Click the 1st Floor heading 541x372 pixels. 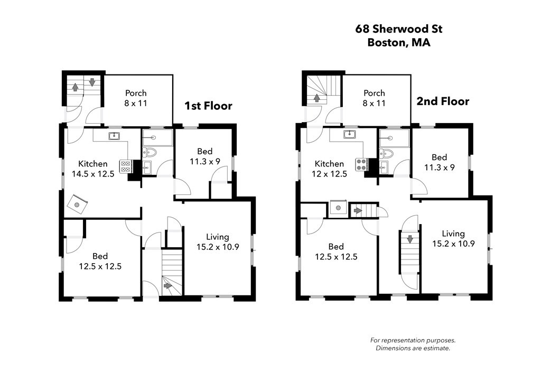pyautogui.click(x=208, y=106)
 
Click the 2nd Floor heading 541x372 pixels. pyautogui.click(x=443, y=101)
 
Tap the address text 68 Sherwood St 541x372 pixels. pyautogui.click(x=399, y=29)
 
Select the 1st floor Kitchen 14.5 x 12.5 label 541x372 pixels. pyautogui.click(x=93, y=169)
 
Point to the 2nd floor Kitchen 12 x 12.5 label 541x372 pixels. pyautogui.click(x=329, y=169)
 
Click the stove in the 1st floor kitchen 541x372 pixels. pyautogui.click(x=125, y=166)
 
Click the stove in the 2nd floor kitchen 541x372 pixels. pyautogui.click(x=361, y=164)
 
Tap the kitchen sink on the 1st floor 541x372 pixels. pyautogui.click(x=114, y=136)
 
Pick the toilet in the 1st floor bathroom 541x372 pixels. pyautogui.click(x=150, y=152)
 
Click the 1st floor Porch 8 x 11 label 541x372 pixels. pyautogui.click(x=136, y=98)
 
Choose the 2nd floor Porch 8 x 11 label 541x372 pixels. pyautogui.click(x=375, y=98)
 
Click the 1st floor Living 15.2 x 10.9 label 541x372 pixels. pyautogui.click(x=218, y=241)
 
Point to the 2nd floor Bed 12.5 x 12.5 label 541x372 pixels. pyautogui.click(x=336, y=251)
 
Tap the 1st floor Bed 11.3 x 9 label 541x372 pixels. pyautogui.click(x=205, y=156)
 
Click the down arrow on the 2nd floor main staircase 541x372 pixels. pyautogui.click(x=410, y=239)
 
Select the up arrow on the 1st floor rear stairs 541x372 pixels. pyautogui.click(x=75, y=87)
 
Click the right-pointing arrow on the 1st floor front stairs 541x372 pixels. pyautogui.click(x=168, y=286)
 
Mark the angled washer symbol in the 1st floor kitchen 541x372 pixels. pyautogui.click(x=77, y=204)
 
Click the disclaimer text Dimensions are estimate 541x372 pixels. pyautogui.click(x=413, y=348)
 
